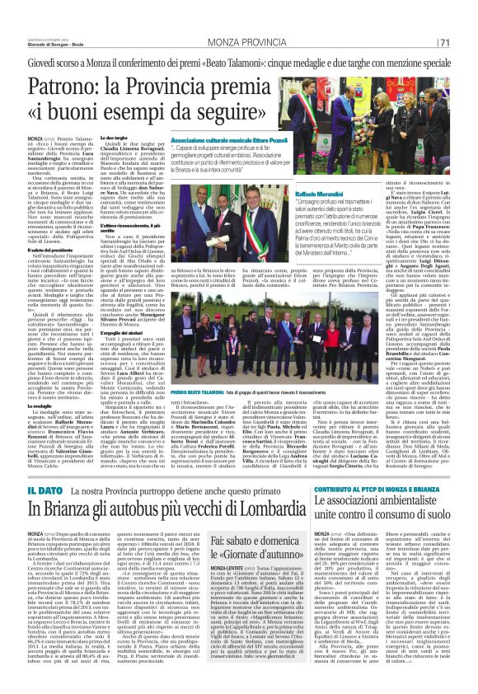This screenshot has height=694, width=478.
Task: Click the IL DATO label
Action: pos(34,467)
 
